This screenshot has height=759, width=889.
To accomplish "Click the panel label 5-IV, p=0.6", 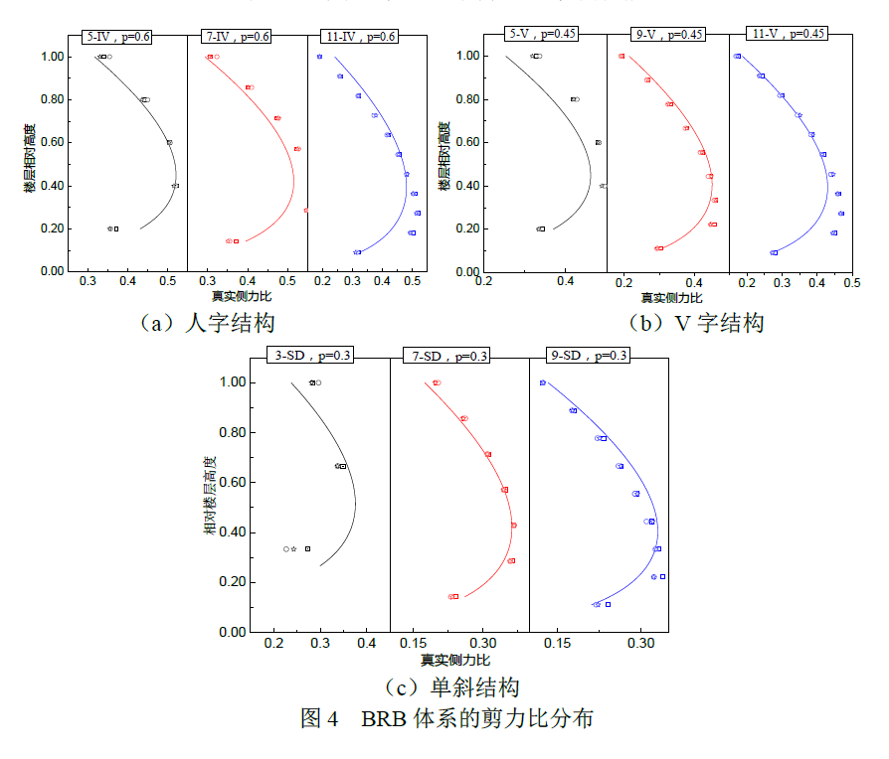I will click(x=117, y=37).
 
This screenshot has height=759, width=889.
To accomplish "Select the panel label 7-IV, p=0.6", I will click(x=237, y=37).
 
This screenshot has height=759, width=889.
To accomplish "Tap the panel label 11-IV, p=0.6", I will click(x=360, y=37).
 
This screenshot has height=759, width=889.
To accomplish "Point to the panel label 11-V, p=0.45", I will click(x=789, y=34).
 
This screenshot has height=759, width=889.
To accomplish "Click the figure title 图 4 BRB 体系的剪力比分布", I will click(x=446, y=718).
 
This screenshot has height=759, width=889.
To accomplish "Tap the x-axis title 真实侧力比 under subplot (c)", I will click(x=454, y=660).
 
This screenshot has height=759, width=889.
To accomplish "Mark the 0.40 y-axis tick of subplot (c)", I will click(x=233, y=532).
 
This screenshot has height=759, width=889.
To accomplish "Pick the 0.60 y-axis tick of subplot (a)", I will click(x=53, y=143).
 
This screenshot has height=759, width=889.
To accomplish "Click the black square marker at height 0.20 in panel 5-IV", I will click(x=116, y=228).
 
